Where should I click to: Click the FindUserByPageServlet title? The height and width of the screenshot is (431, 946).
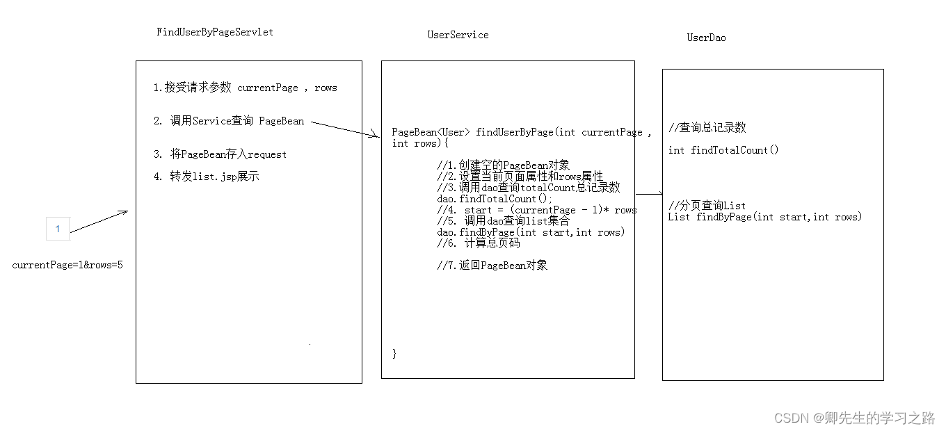coord(215,32)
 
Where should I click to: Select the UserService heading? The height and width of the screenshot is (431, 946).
coord(458,35)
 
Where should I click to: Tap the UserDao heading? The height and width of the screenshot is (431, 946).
coord(706,38)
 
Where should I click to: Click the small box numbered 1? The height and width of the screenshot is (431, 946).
coord(58,229)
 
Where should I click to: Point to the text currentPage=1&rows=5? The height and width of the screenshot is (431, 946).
coord(67,265)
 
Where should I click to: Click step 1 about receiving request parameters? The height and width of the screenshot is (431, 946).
coord(245,88)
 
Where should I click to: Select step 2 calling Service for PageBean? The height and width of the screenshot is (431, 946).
coord(229,121)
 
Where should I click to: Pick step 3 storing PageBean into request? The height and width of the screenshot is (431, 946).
coord(220,154)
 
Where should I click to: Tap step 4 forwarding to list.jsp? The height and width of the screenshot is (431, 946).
coord(207,177)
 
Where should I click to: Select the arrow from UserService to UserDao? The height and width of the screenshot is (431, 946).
coord(649,194)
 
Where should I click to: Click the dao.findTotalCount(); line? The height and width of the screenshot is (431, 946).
coord(495,199)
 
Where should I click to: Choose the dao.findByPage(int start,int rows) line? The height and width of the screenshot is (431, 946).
coord(531,232)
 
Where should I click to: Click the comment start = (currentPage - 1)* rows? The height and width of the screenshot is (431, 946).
coord(537,210)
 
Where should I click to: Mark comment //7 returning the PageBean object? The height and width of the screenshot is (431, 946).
coord(492,266)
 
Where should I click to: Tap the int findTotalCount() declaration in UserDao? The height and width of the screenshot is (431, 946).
coord(723,150)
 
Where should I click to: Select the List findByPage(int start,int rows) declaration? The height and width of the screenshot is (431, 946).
coord(765,217)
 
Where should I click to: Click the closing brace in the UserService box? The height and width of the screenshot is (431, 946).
coord(394,353)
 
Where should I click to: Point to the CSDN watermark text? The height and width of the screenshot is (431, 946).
coord(854,418)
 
